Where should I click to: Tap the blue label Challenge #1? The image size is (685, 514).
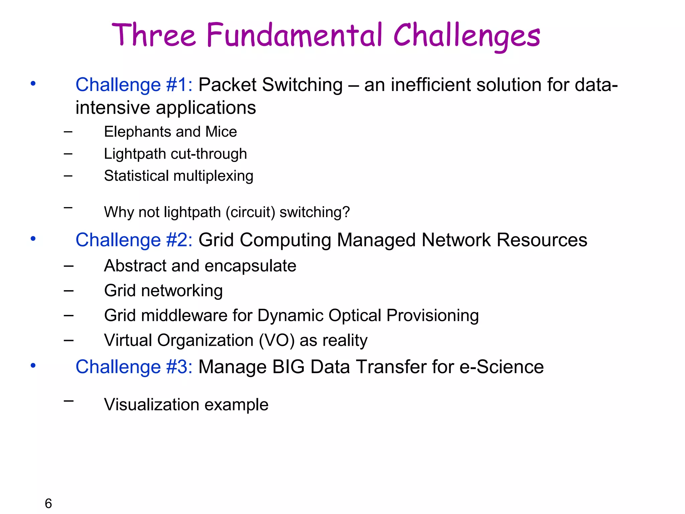(x=134, y=85)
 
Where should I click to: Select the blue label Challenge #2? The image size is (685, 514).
(x=134, y=240)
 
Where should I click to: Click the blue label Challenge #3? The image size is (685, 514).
(x=134, y=367)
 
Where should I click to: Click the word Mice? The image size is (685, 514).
(x=221, y=132)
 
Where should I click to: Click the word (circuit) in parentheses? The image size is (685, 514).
(x=250, y=212)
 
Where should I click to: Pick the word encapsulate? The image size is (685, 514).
(x=250, y=266)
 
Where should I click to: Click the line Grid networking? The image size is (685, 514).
(x=163, y=290)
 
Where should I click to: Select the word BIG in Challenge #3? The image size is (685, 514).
(x=288, y=367)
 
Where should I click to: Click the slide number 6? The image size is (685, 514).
(x=48, y=503)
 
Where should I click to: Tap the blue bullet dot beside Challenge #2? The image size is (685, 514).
(x=33, y=239)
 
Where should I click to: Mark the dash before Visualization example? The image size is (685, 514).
(x=69, y=400)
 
